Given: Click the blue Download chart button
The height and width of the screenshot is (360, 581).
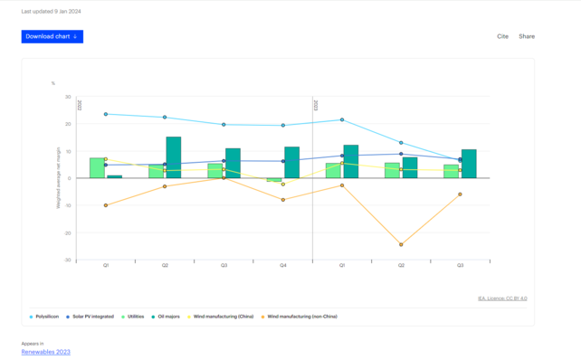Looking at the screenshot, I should coord(52,36).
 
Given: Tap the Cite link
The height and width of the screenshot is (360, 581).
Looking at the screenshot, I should coord(502,36).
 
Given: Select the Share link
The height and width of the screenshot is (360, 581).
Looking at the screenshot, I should coord(527,36).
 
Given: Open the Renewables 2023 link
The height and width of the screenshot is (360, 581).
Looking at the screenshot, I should coord(45,352).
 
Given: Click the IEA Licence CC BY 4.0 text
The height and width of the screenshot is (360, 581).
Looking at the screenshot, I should coord(502,298).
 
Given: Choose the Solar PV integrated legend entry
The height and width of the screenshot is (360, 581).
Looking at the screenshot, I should coord(90,317).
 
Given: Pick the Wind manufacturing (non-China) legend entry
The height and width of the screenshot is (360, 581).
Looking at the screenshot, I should coord(301,317).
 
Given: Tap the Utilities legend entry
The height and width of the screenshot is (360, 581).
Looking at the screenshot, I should coord(133,317).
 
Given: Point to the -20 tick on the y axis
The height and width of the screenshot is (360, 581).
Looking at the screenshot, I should coord(67,232).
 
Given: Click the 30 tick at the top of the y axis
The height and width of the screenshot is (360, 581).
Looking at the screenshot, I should coord(68,97).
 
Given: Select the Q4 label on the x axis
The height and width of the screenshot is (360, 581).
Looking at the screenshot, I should coord(283,265).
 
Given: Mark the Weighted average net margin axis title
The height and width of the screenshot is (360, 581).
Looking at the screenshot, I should coord(58,178).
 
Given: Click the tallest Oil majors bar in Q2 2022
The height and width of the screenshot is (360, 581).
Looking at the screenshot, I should coord(173,157).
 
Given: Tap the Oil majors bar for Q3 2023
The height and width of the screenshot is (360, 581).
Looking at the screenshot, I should coord(469,164).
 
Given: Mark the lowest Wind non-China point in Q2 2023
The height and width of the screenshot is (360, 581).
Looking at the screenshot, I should coord(401,244).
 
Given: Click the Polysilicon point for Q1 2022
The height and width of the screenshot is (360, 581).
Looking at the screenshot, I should coord(106,114).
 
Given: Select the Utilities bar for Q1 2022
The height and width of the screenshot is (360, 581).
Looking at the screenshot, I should coord(97,168).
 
